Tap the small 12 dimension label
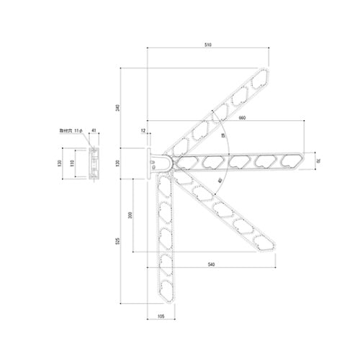click(x=143, y=131)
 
